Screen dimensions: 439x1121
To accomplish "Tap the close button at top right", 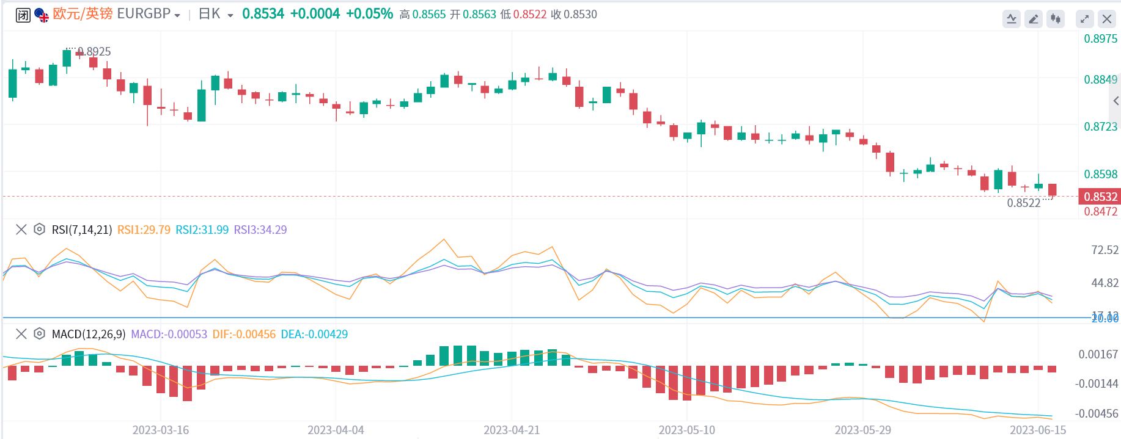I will point(1106,19).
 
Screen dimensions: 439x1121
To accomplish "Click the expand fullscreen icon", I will point(1084,19).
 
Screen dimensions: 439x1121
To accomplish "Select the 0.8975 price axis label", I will point(1100,39).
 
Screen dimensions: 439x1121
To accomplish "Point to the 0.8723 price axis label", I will point(1100,127).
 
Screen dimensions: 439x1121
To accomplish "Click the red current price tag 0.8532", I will point(1100,197).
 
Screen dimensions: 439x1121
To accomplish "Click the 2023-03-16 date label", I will point(161,430).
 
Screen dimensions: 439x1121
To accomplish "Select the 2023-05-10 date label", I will point(686,430).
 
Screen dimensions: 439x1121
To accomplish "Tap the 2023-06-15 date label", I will point(1037,430).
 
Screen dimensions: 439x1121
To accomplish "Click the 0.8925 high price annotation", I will point(94,52).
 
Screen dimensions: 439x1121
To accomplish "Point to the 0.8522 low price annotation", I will point(1023,203).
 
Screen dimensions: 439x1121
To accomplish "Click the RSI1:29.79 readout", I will point(144,230).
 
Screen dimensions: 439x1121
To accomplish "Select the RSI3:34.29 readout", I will point(260,230).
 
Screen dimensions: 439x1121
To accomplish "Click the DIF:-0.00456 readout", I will point(244,335).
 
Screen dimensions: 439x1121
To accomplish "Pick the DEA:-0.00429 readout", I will point(314,335).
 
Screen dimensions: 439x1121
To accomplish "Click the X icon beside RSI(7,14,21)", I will point(21,230).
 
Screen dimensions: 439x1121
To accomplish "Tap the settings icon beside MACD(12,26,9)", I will point(39,334).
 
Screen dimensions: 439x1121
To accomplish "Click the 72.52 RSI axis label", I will point(1104,250).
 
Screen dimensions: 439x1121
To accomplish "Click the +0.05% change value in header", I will point(369,14).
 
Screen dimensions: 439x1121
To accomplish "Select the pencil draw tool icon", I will point(1033,19).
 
